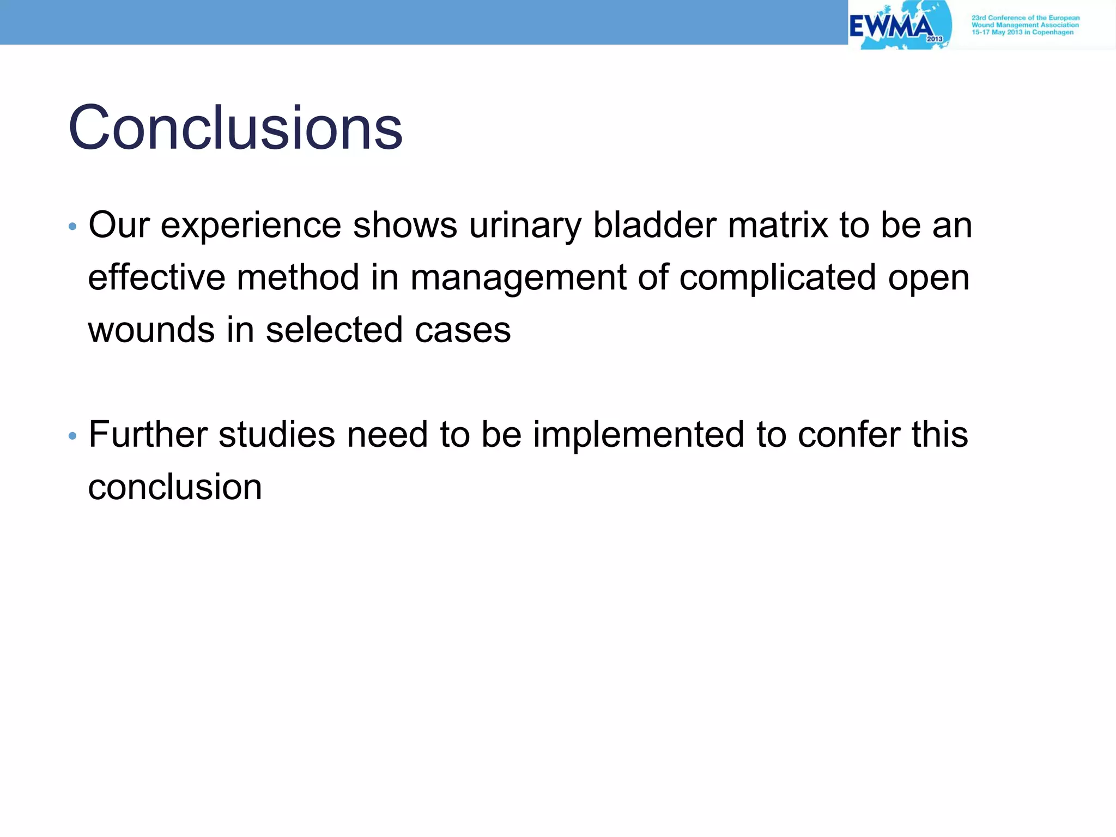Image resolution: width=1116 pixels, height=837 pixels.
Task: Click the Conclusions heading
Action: click(x=235, y=129)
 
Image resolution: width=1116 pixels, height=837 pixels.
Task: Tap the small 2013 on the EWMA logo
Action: click(x=935, y=39)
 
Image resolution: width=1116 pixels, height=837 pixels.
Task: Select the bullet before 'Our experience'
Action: click(x=72, y=226)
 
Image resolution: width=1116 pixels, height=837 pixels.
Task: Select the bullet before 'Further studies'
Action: click(x=72, y=436)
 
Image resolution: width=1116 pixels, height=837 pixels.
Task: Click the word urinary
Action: click(x=525, y=225)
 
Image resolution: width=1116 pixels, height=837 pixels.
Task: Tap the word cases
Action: click(x=463, y=330)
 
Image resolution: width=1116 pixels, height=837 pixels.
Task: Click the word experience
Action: click(x=251, y=225)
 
